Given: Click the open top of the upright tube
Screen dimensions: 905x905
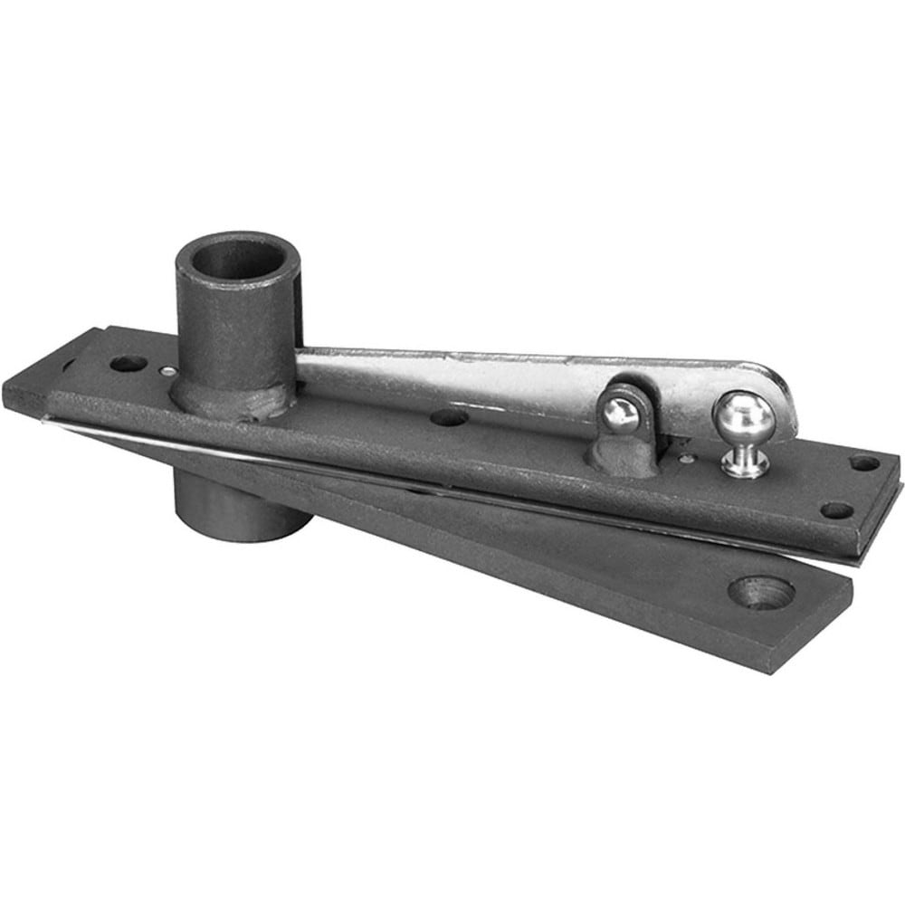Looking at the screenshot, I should pos(237,259).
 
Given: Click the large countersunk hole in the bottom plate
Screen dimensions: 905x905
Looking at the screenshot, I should pos(761,592).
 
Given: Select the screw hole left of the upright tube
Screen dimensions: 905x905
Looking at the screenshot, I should pos(128,364).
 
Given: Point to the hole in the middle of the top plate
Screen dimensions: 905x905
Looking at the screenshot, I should pos(449,417).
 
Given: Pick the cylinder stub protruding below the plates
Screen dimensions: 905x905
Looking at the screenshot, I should pos(240,510).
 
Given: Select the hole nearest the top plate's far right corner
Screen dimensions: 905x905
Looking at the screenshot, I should pos(864,463).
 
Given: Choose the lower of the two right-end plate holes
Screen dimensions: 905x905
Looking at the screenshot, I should pos(836,510).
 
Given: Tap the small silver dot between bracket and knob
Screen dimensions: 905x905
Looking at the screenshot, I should pos(689,458).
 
